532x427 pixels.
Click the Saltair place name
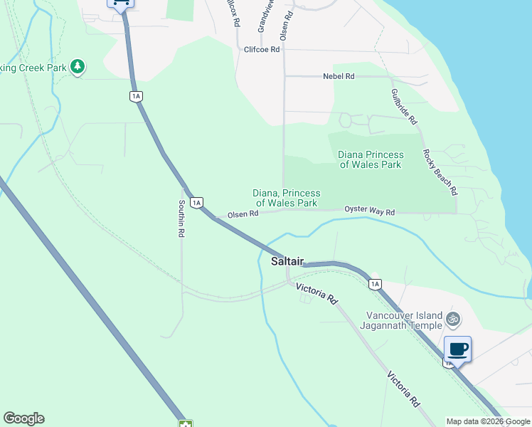(287, 262)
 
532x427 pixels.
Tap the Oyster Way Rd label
(369, 211)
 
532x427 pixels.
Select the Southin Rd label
(181, 218)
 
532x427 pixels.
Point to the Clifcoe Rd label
(262, 50)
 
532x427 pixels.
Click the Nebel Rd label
(339, 76)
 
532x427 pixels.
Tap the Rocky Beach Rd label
(440, 172)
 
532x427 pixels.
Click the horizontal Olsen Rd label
(243, 214)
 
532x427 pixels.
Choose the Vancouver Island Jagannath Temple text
(404, 321)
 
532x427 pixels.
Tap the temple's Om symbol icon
(453, 320)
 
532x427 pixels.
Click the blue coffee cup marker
(458, 349)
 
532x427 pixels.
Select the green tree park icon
(78, 68)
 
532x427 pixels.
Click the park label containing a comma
(287, 198)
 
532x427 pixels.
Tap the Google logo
(23, 418)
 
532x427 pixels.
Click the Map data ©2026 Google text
(487, 421)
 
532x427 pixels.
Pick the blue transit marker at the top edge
(120, 3)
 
